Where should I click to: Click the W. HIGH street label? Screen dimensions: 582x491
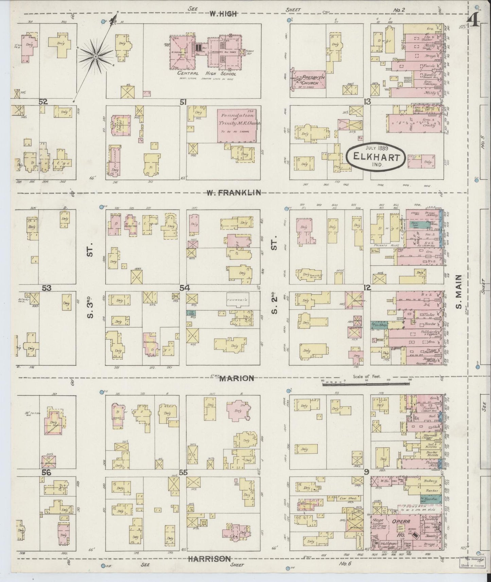222,14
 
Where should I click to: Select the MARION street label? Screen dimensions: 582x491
237,378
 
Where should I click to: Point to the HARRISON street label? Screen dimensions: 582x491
211,558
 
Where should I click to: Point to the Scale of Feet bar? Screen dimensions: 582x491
366,384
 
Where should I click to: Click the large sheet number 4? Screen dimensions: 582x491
474,21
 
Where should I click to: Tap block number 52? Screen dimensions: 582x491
43,102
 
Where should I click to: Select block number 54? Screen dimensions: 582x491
185,288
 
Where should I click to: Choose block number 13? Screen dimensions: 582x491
367,102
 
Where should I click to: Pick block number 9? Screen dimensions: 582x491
366,472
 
